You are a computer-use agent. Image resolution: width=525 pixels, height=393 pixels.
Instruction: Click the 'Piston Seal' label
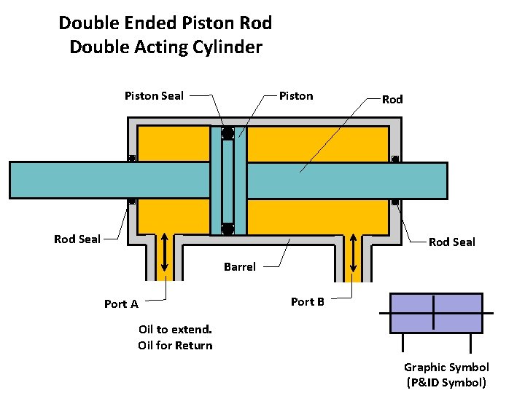click(154, 95)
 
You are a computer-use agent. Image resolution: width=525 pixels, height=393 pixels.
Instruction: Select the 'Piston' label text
click(296, 96)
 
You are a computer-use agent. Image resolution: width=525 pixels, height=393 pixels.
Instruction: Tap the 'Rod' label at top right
click(392, 99)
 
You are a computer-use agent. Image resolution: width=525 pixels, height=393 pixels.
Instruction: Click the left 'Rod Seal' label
click(77, 239)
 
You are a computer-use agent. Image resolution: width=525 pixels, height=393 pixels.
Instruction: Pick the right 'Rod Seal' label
click(451, 242)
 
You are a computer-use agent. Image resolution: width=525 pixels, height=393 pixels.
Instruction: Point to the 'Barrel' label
click(240, 267)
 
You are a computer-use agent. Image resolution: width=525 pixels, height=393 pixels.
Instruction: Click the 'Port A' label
click(121, 304)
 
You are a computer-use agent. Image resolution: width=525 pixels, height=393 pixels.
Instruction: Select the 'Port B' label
click(308, 301)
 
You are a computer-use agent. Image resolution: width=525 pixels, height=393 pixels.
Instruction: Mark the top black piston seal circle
click(227, 133)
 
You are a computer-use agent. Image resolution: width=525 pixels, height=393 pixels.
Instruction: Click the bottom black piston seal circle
click(227, 229)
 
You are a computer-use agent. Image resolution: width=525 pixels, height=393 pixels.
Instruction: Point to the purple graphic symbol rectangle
click(436, 313)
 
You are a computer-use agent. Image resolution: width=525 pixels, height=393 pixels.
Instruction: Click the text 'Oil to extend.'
click(175, 330)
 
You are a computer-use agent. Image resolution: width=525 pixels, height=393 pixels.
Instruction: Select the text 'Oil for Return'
click(175, 345)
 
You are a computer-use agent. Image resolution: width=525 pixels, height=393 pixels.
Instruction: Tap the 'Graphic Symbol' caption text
click(446, 368)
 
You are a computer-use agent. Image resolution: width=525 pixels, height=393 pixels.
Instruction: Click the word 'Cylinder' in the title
click(228, 47)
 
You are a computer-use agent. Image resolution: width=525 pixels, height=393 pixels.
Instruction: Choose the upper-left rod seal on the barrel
click(132, 159)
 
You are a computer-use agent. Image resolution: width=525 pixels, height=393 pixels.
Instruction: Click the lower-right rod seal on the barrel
click(394, 202)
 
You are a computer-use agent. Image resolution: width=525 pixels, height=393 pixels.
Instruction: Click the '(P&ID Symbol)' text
click(446, 383)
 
